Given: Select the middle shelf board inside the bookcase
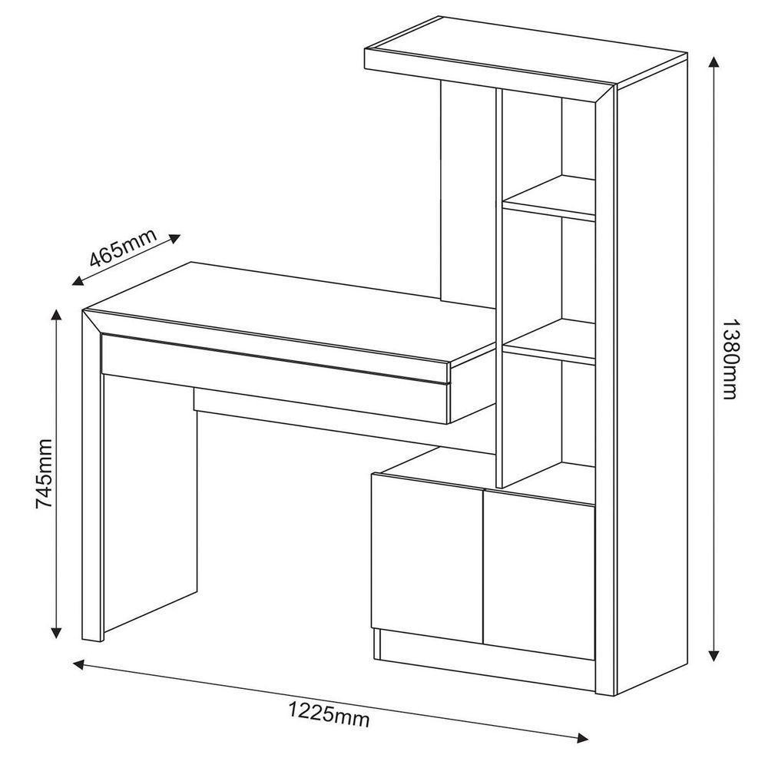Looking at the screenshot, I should click(x=549, y=343).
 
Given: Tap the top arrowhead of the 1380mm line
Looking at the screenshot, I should click(x=713, y=62).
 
